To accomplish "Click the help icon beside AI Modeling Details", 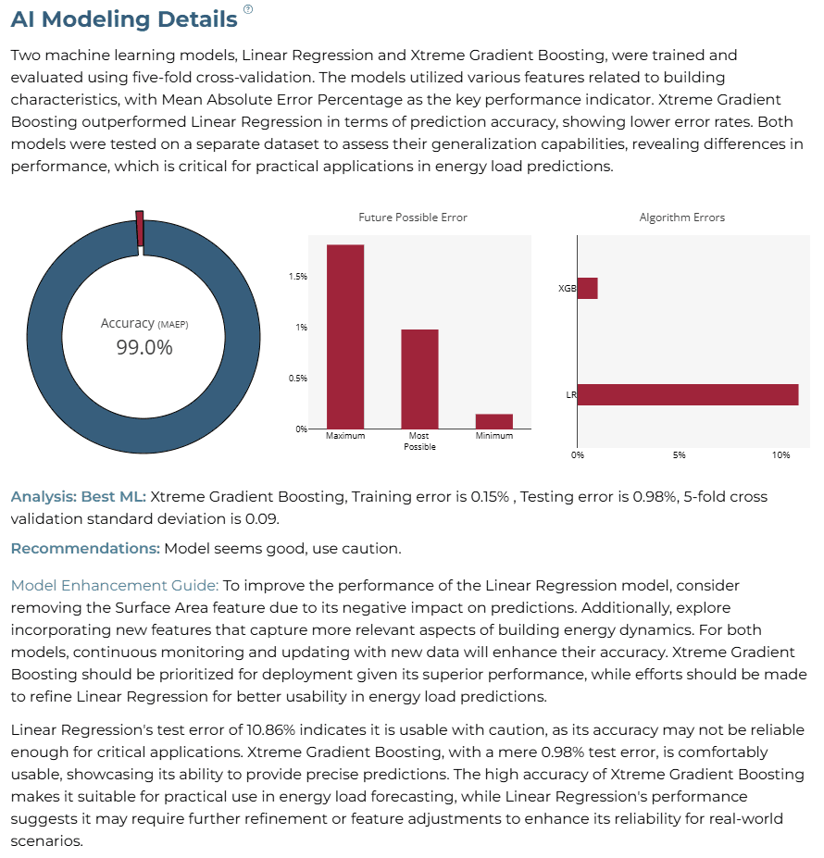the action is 248,8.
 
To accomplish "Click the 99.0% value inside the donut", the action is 144,347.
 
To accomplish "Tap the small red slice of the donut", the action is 140,229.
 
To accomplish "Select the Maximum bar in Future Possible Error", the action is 345,337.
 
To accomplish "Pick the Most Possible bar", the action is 420,379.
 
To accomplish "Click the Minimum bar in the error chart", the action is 494,421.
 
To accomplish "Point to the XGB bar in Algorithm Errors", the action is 588,289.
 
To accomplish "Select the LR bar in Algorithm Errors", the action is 688,394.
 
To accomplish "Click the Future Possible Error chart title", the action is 413,218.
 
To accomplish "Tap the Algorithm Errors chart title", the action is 682,218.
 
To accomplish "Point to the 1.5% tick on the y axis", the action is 298,277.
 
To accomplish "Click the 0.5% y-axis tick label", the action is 298,379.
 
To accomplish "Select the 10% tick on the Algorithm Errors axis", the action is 780,455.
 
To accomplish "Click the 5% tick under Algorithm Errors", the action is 679,455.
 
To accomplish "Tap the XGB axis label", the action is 568,289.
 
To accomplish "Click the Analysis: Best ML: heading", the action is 79,496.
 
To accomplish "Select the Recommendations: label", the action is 85,548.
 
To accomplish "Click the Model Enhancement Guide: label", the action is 115,586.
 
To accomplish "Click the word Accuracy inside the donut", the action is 128,323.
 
